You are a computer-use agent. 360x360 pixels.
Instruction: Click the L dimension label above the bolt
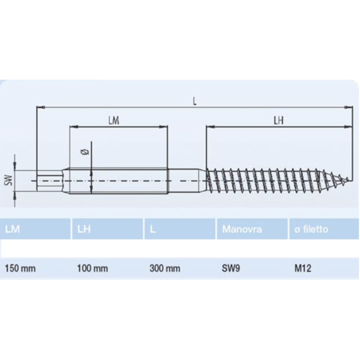click(x=194, y=101)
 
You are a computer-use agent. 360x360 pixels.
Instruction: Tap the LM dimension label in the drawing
click(x=114, y=121)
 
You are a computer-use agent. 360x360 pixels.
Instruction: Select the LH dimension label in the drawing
click(x=278, y=121)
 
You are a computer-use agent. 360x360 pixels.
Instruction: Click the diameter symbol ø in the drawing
click(x=86, y=152)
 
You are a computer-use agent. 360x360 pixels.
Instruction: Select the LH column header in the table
click(x=84, y=229)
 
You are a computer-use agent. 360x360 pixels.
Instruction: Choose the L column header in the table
click(x=153, y=229)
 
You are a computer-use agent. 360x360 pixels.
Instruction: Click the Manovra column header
click(x=242, y=229)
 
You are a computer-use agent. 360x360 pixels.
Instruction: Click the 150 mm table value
click(x=20, y=269)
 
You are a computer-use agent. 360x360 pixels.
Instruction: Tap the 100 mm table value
click(x=93, y=269)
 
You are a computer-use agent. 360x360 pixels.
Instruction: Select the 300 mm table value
click(x=165, y=269)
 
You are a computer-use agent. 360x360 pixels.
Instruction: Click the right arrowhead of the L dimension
click(x=349, y=108)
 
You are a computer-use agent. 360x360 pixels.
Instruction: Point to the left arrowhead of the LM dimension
click(x=72, y=127)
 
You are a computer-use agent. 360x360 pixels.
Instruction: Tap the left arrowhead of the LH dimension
click(x=209, y=127)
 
